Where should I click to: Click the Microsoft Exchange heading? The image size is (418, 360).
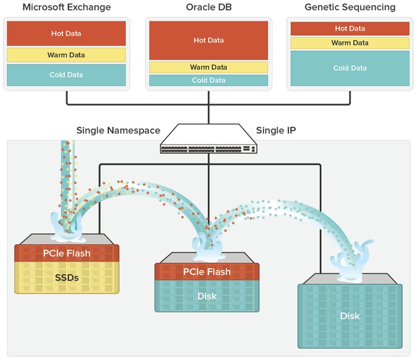[67, 7]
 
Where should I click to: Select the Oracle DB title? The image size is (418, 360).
[209, 7]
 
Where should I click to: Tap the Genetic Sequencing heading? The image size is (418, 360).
[350, 7]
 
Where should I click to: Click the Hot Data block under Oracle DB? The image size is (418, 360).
[209, 40]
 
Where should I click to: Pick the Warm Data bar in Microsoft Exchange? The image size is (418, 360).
[66, 55]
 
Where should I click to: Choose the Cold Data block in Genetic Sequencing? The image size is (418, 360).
[350, 68]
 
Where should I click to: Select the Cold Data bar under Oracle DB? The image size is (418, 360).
[209, 80]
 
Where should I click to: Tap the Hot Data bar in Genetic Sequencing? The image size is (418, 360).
[350, 28]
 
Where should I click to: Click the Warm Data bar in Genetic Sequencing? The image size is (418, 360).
[350, 43]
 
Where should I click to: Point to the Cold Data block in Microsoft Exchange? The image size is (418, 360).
[66, 75]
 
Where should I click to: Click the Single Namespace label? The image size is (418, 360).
[118, 131]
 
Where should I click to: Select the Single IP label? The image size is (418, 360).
[276, 131]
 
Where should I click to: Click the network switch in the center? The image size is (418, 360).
[208, 139]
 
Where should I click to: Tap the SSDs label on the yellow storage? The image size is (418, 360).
[67, 278]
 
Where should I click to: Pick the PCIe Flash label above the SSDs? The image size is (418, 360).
[67, 253]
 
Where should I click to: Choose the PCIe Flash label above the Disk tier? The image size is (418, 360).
[207, 272]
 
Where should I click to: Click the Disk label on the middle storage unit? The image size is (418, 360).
[207, 296]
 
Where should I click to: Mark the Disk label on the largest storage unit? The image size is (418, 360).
[350, 316]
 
